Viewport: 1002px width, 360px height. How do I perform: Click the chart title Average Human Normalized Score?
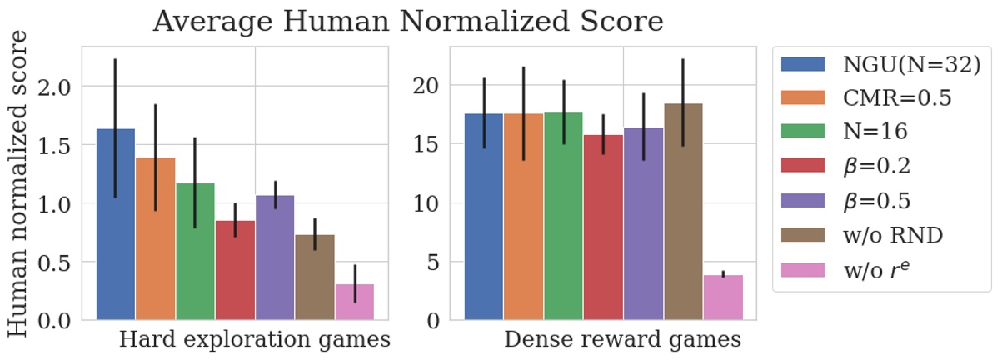pos(408,21)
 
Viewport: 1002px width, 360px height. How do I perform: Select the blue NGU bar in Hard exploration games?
pos(116,225)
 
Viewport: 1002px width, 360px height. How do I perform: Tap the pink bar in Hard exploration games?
pos(355,302)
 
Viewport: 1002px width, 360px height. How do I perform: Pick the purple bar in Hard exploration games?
pos(275,257)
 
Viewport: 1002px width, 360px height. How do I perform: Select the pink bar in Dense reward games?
pos(723,297)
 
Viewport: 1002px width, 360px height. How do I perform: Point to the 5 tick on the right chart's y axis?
pos(436,262)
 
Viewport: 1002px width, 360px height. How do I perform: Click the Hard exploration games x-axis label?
pos(254,340)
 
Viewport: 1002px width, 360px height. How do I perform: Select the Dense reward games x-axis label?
pos(622,340)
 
